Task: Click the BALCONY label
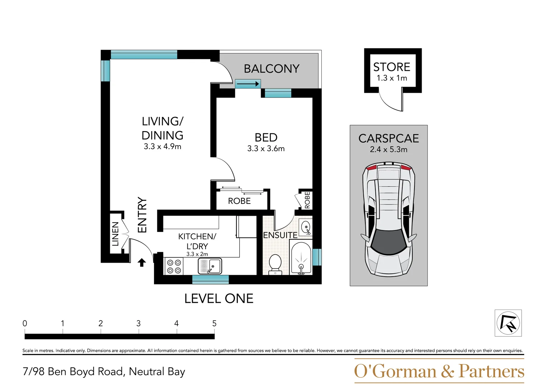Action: tap(272, 68)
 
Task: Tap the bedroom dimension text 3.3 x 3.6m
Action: tap(266, 149)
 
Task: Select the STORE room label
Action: tap(392, 67)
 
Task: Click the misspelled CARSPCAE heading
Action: tap(389, 138)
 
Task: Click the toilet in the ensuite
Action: tap(275, 264)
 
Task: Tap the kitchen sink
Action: tap(210, 266)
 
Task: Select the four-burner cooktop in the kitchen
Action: tap(174, 267)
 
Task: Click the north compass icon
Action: tap(508, 323)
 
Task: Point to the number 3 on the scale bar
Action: tap(139, 323)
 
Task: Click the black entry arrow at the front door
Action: tap(142, 263)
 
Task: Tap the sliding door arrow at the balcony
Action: tap(248, 84)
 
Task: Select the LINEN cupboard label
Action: tap(115, 234)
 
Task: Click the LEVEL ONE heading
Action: tap(219, 298)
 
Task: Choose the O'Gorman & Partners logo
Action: tap(439, 371)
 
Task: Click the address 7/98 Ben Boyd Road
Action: tap(104, 372)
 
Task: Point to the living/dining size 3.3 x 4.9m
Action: tap(162, 147)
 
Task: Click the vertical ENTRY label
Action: tap(142, 215)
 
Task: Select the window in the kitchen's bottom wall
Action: tap(210, 279)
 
